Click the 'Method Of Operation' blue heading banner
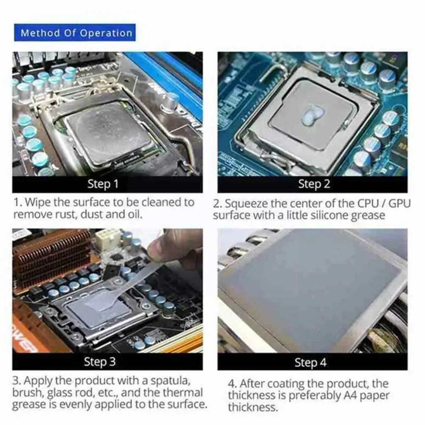pos(76,33)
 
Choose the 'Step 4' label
pos(311,363)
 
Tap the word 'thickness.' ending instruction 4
pos(253,408)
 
